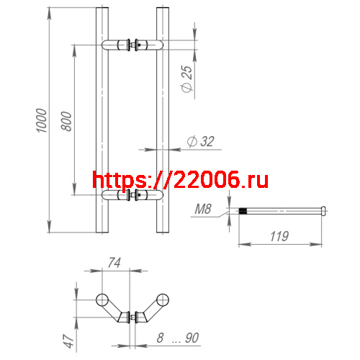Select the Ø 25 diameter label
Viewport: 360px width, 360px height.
pyautogui.click(x=188, y=80)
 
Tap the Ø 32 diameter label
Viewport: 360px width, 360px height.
pyautogui.click(x=200, y=142)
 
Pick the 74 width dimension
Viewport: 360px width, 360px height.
pyautogui.click(x=112, y=264)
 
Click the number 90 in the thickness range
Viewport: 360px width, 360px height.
pyautogui.click(x=191, y=336)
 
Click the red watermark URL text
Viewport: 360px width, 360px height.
pyautogui.click(x=181, y=179)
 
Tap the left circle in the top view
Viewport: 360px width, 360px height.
pyautogui.click(x=102, y=299)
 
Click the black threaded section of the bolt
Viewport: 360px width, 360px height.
pyautogui.click(x=244, y=211)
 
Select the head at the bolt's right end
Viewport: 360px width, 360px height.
pyautogui.click(x=324, y=211)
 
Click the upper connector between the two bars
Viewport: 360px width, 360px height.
pyautogui.click(x=133, y=45)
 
